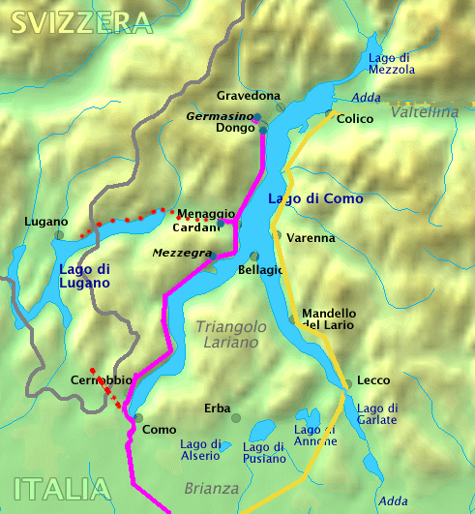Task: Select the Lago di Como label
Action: [315, 198]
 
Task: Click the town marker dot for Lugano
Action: [59, 234]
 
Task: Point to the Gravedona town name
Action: [249, 96]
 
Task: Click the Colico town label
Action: [354, 119]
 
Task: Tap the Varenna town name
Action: [312, 237]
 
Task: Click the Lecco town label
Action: [373, 380]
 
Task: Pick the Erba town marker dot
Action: [235, 417]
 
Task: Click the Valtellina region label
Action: [425, 112]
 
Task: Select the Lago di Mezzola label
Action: [392, 63]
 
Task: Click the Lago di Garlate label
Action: [377, 413]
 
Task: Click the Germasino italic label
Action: [218, 115]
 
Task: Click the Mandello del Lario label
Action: [329, 318]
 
